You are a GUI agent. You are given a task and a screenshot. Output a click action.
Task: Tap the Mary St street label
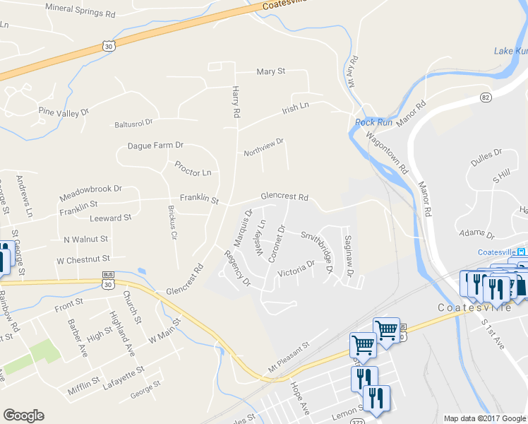pos(270,72)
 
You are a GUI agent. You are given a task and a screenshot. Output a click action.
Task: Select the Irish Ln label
pos(296,106)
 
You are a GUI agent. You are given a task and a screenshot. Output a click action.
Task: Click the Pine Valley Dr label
pos(64,112)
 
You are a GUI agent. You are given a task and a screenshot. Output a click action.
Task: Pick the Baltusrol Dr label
pos(133,123)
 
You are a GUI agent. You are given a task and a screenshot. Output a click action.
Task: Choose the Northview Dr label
pos(263,147)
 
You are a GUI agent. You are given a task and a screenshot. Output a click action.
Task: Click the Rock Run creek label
pos(373,122)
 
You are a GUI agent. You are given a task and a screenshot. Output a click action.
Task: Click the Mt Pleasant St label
pos(289,358)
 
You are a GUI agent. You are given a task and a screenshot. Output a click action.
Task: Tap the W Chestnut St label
pos(83,259)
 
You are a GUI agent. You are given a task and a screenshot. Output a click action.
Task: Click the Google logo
pos(23,416)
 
